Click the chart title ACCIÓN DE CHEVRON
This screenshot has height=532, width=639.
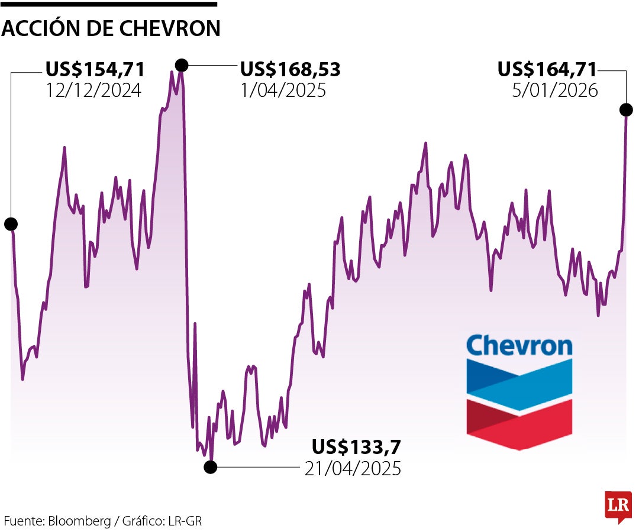pyautogui.click(x=111, y=28)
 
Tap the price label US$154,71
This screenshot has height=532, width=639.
pyautogui.click(x=95, y=70)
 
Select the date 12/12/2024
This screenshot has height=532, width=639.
pyautogui.click(x=93, y=90)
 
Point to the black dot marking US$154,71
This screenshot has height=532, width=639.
pyautogui.click(x=11, y=224)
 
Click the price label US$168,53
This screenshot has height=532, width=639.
pyautogui.click(x=290, y=70)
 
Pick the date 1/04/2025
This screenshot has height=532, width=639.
pyautogui.click(x=283, y=90)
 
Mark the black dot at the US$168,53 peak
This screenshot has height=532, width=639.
pyautogui.click(x=182, y=64)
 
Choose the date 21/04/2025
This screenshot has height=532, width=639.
pyautogui.click(x=353, y=468)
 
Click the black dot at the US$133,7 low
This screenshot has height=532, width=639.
pyautogui.click(x=210, y=467)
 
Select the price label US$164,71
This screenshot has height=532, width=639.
pyautogui.click(x=547, y=70)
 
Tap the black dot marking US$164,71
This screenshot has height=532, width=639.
pyautogui.click(x=626, y=109)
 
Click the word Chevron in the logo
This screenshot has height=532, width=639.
pyautogui.click(x=519, y=345)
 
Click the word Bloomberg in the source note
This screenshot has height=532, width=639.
pyautogui.click(x=79, y=521)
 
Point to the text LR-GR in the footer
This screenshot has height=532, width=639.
pyautogui.click(x=186, y=521)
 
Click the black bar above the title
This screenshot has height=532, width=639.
pyautogui.click(x=109, y=4)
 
